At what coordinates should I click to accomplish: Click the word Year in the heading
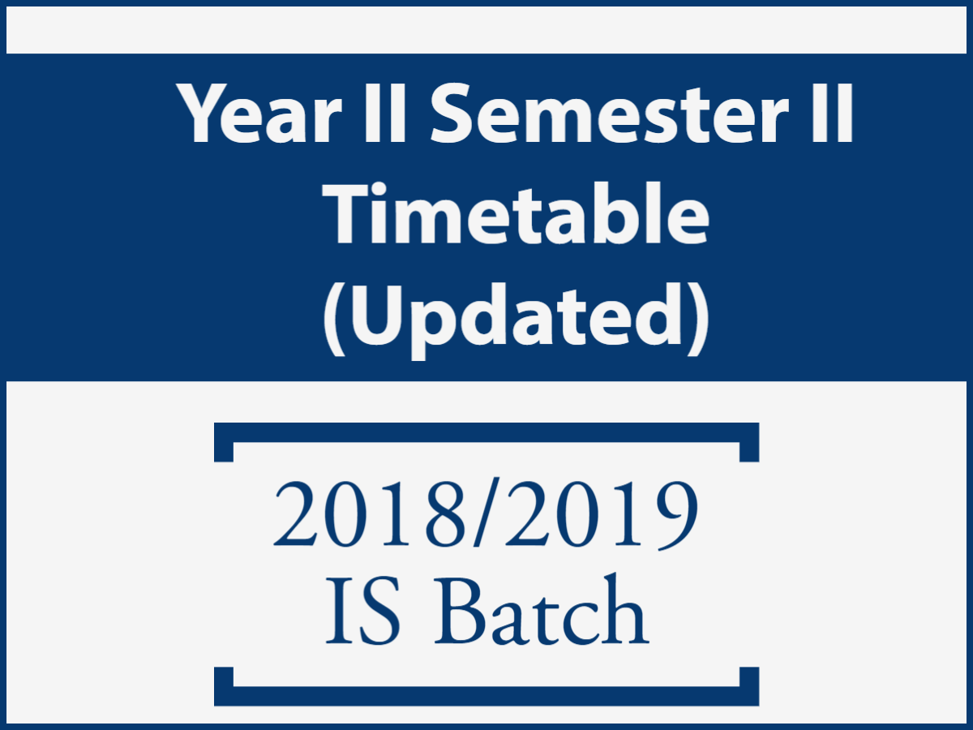(259, 114)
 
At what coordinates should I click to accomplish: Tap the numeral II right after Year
(384, 114)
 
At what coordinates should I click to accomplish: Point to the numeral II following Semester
(832, 114)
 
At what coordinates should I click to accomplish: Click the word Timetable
(515, 213)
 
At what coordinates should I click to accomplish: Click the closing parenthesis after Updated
(698, 320)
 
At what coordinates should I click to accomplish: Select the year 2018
(369, 513)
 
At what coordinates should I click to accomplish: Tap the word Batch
(542, 608)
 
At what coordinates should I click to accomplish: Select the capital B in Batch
(459, 611)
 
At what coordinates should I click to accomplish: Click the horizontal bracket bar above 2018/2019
(486, 432)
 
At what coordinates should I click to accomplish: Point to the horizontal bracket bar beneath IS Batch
(486, 696)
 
